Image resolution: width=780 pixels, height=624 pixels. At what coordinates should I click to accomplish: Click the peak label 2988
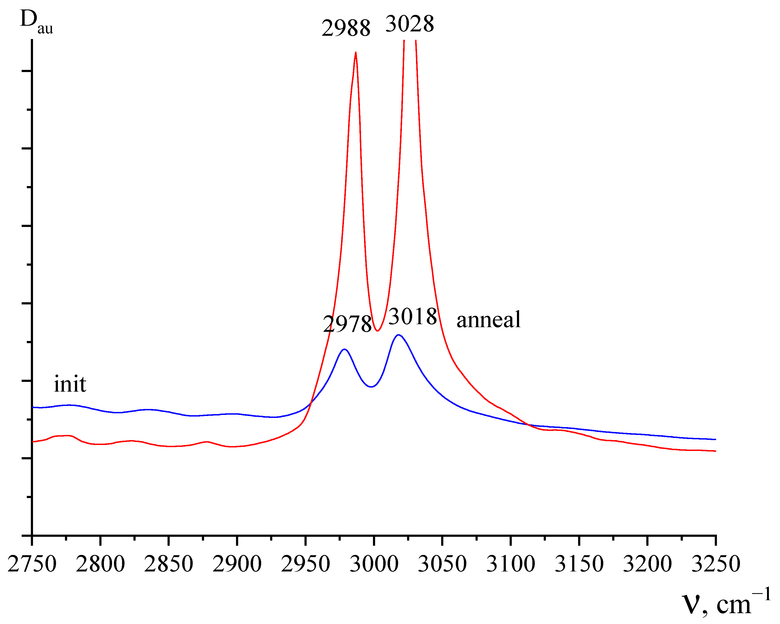pos(346,28)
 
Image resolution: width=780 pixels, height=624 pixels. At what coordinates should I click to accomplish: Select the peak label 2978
pos(347,324)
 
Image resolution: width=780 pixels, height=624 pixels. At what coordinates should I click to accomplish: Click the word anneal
pos(489,320)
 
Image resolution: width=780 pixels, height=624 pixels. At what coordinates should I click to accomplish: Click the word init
pos(70,384)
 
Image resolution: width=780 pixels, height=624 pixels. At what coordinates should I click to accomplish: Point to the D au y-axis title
pos(36,22)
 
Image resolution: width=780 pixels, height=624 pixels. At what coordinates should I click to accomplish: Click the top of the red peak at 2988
pos(356,53)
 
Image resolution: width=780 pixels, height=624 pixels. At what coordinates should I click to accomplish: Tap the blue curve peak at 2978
pos(345,349)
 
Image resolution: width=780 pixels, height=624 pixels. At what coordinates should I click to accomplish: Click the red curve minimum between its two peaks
pos(377,330)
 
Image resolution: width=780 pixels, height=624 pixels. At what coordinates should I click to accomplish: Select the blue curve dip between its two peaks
pos(371,387)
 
